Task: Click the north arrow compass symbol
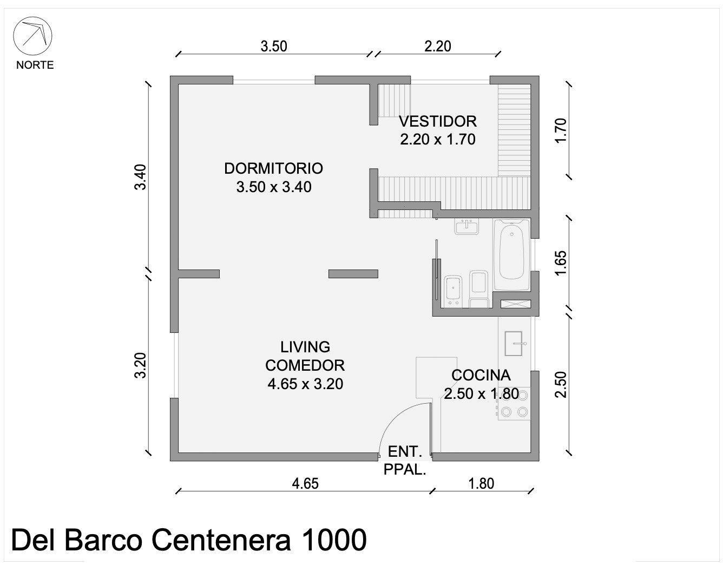point(32,36)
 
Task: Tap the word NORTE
point(35,65)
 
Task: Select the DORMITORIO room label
point(273,168)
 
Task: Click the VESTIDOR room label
point(437,121)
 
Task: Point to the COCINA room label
point(481,376)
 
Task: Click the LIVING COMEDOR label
point(305,356)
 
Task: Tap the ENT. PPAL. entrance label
point(405,461)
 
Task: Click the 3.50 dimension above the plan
point(274,47)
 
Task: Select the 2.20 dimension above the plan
point(437,47)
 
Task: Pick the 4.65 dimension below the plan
point(305,484)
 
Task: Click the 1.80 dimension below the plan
point(481,484)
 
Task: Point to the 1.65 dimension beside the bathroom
point(561,263)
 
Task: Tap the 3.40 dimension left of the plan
point(141,177)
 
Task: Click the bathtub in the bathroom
point(511,255)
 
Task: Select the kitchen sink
point(514,343)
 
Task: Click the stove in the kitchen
point(514,403)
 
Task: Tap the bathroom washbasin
point(466,227)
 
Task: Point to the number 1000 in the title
point(333,540)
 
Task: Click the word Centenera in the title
point(221,540)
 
